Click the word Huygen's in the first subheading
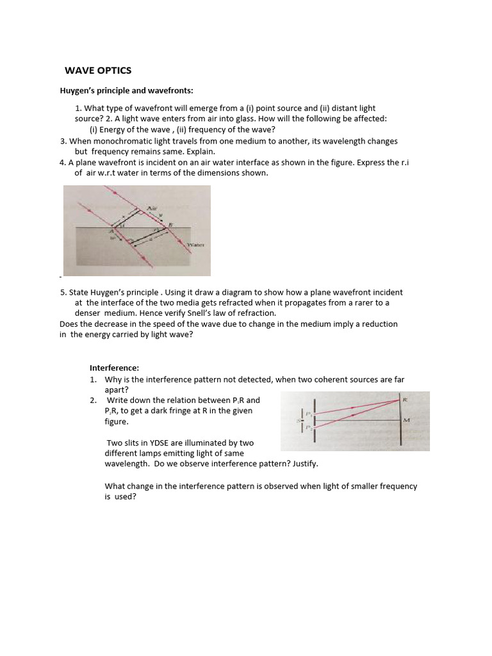78,91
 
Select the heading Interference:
113,368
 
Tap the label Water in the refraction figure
195,245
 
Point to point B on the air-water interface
170,225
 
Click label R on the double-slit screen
405,399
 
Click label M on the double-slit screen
406,420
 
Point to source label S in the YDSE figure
300,420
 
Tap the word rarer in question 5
373,302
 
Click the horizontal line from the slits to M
359,421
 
